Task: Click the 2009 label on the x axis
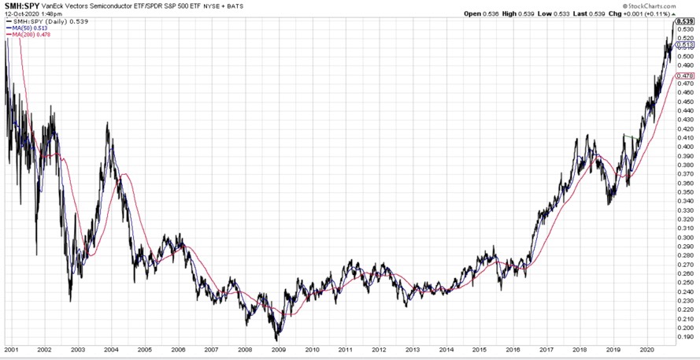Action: point(280,349)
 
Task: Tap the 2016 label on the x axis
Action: point(513,349)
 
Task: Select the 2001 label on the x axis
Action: point(12,349)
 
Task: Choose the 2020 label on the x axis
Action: point(647,349)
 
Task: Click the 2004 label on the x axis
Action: point(112,349)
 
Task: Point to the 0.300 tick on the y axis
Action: point(686,237)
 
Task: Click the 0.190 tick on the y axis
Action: point(686,336)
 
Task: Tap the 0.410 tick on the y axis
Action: point(686,138)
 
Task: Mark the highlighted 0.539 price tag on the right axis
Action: point(685,21)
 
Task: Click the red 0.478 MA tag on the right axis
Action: point(685,76)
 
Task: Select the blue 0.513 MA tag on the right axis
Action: point(685,45)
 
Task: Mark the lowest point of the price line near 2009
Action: point(276,340)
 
